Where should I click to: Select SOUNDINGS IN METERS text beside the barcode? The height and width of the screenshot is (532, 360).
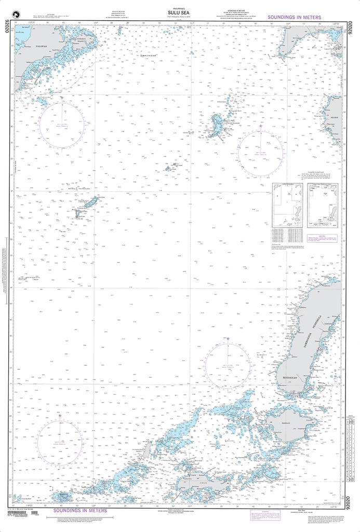click(80, 511)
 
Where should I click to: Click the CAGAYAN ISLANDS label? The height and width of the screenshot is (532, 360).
click(229, 124)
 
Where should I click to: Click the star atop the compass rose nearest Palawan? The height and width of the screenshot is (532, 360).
click(62, 97)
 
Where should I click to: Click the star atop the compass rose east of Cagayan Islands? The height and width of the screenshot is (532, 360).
click(261, 126)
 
